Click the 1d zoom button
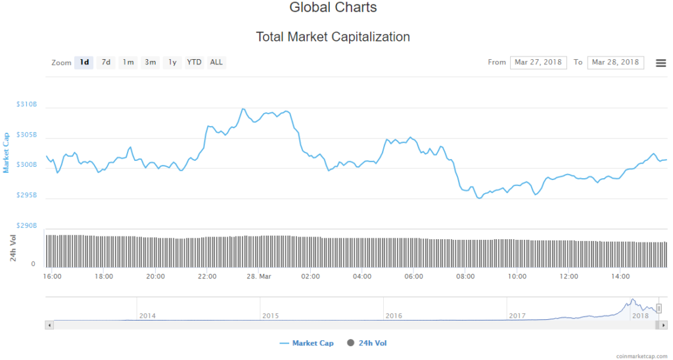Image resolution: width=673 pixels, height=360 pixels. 84,62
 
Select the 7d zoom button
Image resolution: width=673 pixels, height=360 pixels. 106,62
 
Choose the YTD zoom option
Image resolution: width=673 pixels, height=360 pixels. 194,62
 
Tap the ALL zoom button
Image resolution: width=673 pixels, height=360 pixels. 216,62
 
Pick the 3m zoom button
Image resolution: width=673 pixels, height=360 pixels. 151,62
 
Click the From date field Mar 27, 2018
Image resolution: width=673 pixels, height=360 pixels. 538,62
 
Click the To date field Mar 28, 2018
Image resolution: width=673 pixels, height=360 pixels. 615,62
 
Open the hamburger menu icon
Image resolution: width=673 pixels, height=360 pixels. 661,63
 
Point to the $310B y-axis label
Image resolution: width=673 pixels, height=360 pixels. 27,104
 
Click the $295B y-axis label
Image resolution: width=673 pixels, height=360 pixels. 27,195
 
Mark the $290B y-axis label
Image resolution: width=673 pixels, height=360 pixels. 27,225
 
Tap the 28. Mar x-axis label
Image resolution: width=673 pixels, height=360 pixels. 259,277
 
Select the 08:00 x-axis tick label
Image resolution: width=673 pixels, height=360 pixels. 465,277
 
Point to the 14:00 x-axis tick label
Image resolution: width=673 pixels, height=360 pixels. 620,277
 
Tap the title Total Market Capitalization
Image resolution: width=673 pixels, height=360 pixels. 333,37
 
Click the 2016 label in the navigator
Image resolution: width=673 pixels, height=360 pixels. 394,315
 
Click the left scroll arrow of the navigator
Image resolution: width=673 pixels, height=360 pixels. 49,325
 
